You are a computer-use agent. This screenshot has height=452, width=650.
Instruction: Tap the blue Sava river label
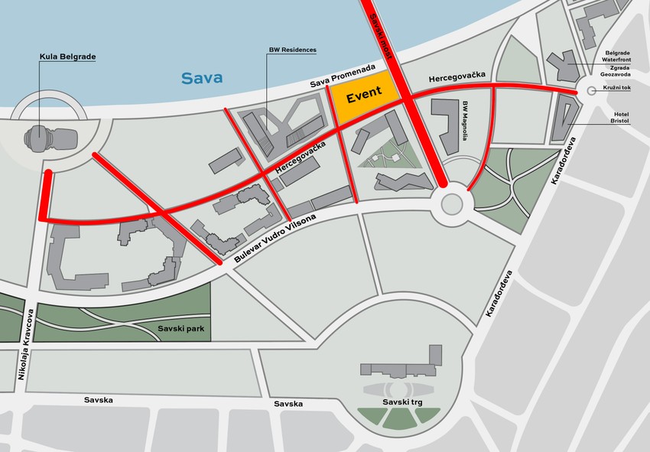point(201,77)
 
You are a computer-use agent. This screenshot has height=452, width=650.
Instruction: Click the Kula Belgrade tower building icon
point(51,140)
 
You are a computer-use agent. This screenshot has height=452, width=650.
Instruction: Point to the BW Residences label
point(291,50)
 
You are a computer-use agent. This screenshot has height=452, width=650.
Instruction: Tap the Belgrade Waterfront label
point(616,58)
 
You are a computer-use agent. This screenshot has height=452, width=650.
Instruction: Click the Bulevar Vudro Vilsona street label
point(274,239)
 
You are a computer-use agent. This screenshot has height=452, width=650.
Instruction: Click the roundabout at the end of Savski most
point(450,203)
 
